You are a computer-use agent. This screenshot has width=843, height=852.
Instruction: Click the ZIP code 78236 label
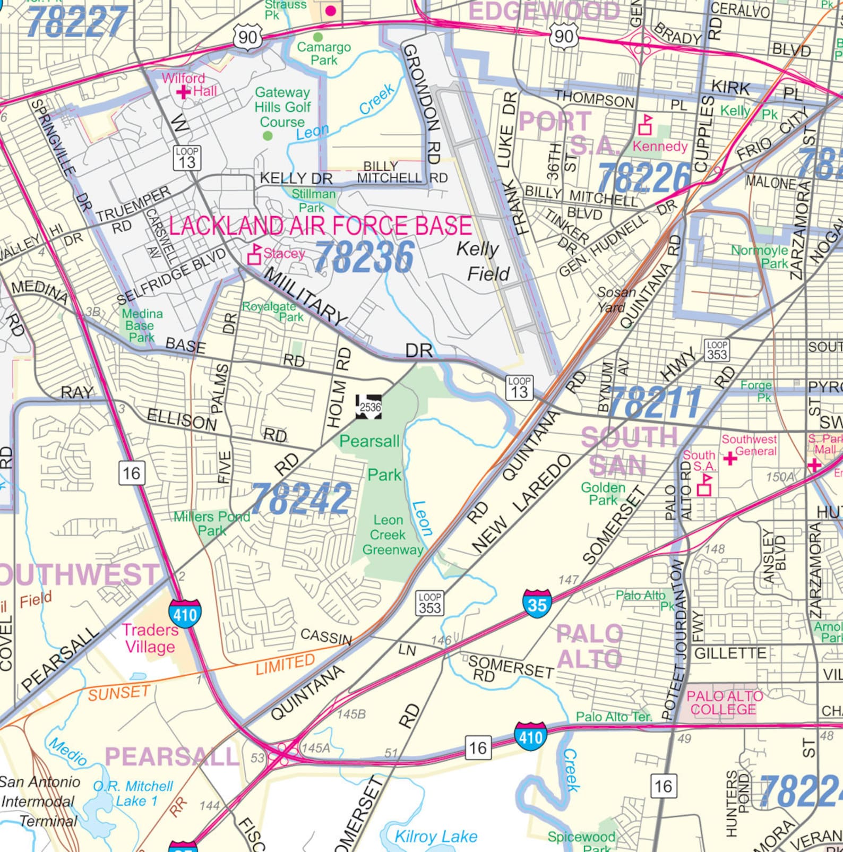pyautogui.click(x=364, y=258)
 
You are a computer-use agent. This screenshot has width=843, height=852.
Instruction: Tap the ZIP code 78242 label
pyautogui.click(x=301, y=498)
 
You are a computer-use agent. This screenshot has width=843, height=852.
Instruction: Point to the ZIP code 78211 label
pyautogui.click(x=654, y=403)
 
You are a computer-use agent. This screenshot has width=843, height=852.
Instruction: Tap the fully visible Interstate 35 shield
pyautogui.click(x=537, y=604)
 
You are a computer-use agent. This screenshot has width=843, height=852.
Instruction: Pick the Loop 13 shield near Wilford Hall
pyautogui.click(x=187, y=158)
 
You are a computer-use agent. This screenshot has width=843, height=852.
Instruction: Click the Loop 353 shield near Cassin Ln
pyautogui.click(x=429, y=603)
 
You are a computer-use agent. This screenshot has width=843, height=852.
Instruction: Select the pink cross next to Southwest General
pyautogui.click(x=730, y=458)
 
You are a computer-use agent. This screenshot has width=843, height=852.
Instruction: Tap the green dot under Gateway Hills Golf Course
pyautogui.click(x=268, y=136)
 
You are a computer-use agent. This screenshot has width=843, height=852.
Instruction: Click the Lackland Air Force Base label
pyautogui.click(x=320, y=226)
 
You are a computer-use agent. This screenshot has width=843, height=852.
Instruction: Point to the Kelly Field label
pyautogui.click(x=482, y=261)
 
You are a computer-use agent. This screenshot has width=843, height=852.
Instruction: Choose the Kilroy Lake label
pyautogui.click(x=435, y=837)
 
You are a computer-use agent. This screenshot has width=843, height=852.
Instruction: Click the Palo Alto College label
pyautogui.click(x=724, y=703)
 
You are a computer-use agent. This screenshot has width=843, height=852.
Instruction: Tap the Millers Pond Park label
pyautogui.click(x=212, y=523)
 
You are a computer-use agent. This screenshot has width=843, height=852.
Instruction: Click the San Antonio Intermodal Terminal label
pyautogui.click(x=39, y=801)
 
